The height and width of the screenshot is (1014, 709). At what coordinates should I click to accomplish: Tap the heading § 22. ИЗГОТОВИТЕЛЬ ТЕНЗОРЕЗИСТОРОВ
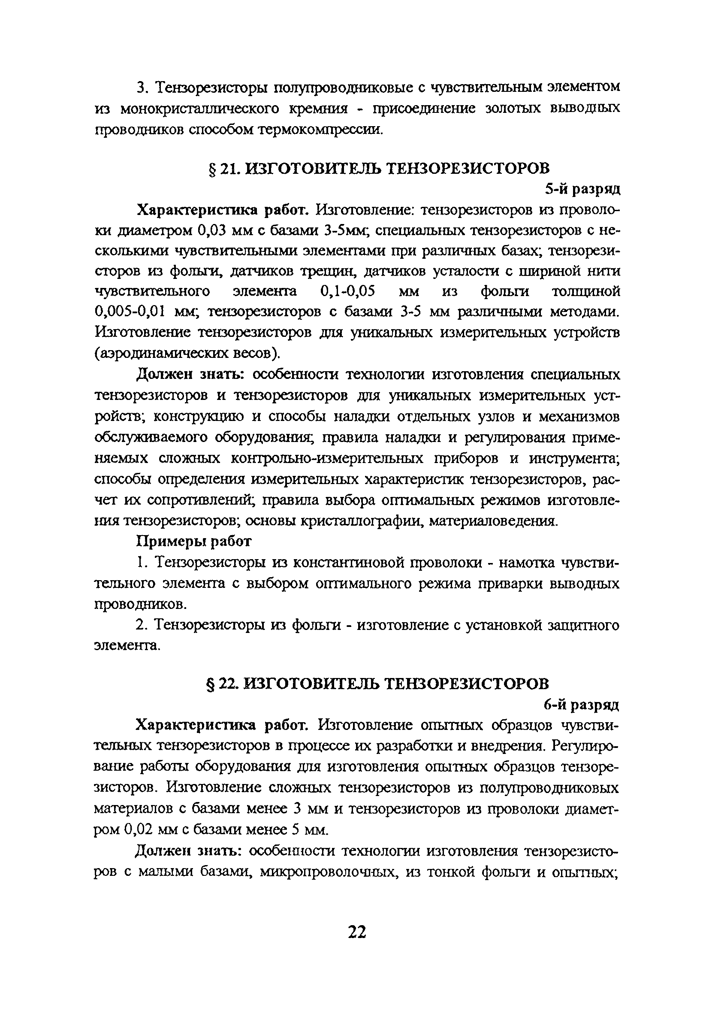coord(378,684)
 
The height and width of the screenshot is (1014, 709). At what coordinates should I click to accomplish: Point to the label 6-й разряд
coord(581,705)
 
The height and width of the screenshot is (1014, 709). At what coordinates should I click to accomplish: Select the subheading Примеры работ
coord(194,541)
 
